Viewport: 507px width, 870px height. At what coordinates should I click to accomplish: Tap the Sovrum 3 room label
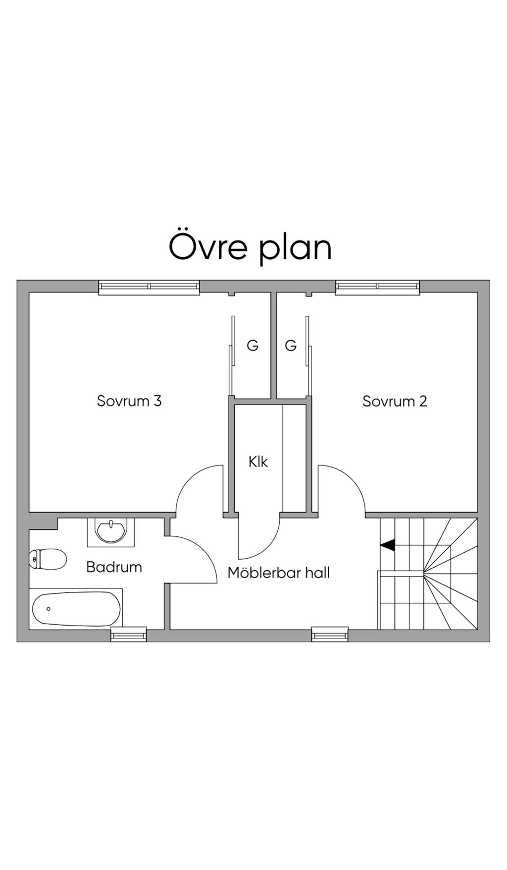129,401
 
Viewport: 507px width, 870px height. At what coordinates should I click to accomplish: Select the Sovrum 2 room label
395,401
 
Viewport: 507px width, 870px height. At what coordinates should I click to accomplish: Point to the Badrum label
114,567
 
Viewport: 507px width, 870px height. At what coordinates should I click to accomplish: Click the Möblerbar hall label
278,573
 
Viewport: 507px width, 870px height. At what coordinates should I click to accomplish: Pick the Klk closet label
258,462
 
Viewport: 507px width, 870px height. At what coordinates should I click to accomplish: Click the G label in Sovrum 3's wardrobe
253,346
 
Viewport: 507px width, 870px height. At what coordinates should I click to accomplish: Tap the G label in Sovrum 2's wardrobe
291,346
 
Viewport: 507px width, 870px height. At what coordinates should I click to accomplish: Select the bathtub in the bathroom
76,609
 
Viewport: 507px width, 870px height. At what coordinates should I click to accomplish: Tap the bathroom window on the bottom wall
129,634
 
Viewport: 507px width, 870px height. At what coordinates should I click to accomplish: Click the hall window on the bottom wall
330,634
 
